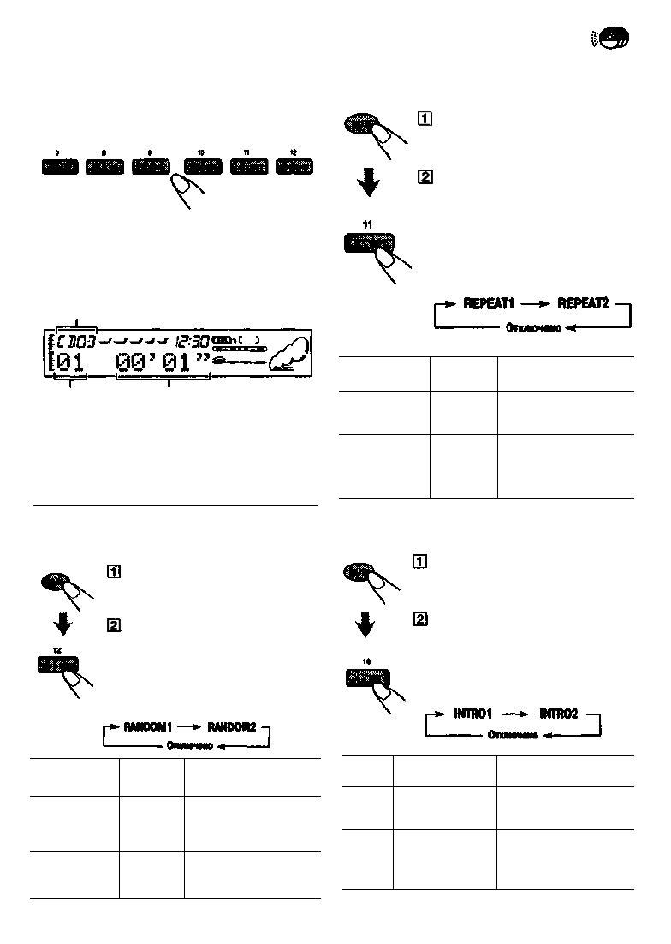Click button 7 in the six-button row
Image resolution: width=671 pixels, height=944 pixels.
click(59, 166)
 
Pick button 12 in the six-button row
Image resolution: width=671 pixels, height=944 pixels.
click(294, 166)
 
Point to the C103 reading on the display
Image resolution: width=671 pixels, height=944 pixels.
click(76, 341)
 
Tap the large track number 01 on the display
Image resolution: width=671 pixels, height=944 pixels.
click(72, 364)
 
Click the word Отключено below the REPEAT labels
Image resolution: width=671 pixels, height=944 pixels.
click(533, 328)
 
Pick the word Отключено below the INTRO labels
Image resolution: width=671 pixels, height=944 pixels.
click(513, 735)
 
